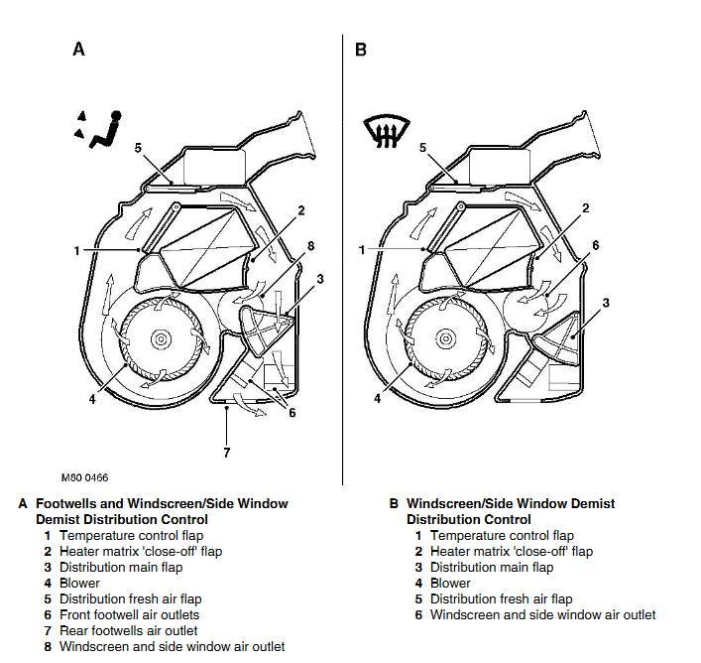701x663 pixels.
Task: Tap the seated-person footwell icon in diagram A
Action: click(99, 131)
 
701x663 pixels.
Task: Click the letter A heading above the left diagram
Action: click(78, 49)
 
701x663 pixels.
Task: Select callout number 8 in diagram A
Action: click(310, 246)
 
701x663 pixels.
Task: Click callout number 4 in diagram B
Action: click(378, 400)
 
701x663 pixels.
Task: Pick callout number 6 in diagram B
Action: click(596, 245)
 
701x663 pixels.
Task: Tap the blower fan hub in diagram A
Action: click(159, 339)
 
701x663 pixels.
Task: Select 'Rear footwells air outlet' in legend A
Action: click(128, 631)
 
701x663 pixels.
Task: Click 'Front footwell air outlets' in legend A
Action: click(129, 615)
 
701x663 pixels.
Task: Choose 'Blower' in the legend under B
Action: click(450, 584)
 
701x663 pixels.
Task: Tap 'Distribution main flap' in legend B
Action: click(492, 568)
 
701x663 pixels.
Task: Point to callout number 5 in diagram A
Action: click(138, 148)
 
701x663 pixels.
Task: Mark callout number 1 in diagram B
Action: click(361, 250)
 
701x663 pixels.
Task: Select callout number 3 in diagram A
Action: click(321, 280)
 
